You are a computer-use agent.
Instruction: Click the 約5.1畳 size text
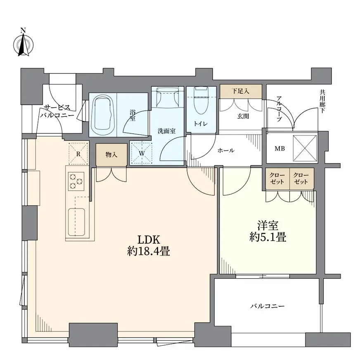point(268,237)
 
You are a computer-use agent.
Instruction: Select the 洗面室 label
point(167,131)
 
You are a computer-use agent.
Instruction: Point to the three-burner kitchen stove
point(77,180)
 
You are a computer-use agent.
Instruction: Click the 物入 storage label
point(111,155)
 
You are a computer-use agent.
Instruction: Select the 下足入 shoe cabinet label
point(240,91)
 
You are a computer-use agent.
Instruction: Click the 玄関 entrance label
point(243,117)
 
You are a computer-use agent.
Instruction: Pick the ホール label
point(225,151)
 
